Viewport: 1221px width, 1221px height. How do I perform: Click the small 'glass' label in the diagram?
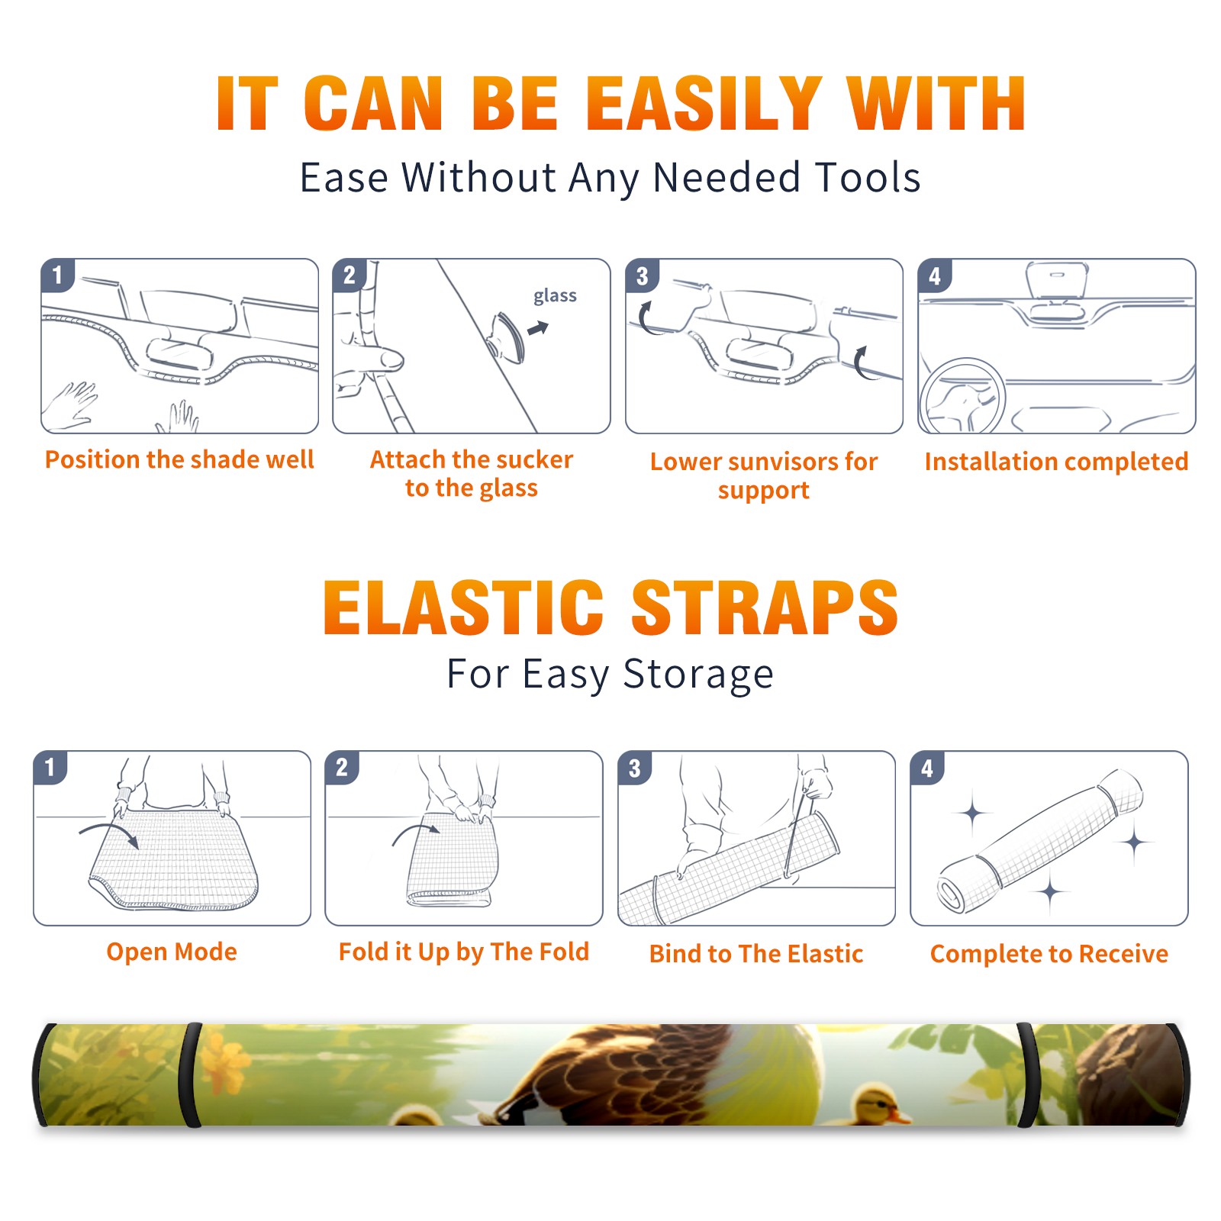(x=555, y=296)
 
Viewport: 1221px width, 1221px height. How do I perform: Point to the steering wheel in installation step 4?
(x=962, y=395)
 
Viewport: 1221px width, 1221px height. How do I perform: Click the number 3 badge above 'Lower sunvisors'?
(x=642, y=276)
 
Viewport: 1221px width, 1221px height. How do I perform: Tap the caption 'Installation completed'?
(x=1056, y=462)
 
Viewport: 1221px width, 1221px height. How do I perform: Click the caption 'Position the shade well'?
(x=179, y=459)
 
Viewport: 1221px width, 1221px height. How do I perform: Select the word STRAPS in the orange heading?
(x=765, y=607)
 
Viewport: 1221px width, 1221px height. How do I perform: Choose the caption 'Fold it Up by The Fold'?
(x=464, y=952)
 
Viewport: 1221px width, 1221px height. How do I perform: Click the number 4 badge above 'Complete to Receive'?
(x=927, y=768)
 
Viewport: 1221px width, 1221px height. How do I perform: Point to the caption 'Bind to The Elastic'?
(x=756, y=954)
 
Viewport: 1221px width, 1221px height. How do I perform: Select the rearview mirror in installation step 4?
(x=1056, y=282)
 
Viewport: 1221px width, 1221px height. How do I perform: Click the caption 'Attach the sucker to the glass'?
(x=472, y=473)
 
